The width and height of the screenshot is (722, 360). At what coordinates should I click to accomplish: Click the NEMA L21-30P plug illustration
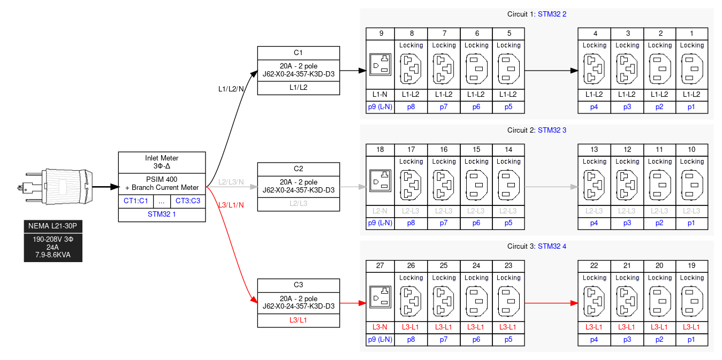coord(56,187)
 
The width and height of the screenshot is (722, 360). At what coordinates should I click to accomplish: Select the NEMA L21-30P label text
coord(53,226)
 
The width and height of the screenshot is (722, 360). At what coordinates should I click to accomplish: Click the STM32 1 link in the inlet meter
coord(162,215)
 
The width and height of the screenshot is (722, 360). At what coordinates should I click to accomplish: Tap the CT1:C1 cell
coord(135,201)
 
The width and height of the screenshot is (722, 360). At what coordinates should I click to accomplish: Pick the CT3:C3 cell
coord(188,201)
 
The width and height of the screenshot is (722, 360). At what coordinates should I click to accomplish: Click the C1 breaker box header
coord(299,52)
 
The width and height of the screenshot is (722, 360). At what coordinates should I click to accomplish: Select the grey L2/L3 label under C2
coord(299,204)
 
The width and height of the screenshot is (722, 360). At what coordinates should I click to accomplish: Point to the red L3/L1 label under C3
coord(299,320)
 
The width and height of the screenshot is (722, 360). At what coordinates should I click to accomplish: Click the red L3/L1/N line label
coord(231,205)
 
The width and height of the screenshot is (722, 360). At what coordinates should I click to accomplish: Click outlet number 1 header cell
coord(691,34)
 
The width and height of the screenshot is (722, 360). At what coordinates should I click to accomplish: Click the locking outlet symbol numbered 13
coord(594,185)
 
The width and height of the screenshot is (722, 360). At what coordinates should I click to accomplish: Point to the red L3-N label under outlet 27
coord(381,326)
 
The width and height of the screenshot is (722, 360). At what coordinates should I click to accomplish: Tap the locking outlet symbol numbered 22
coord(594,301)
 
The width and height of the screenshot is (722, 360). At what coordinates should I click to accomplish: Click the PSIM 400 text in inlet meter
coord(162,179)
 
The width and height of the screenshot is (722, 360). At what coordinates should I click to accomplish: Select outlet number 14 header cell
coord(508,150)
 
